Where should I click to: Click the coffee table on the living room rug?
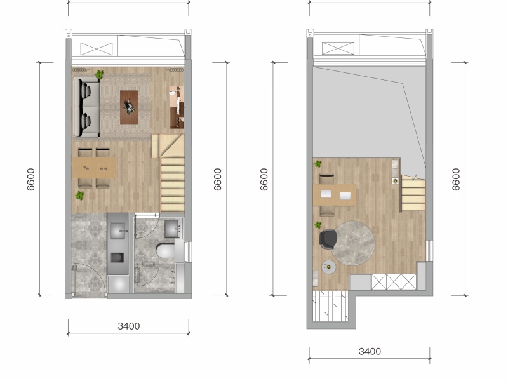[x=129, y=107]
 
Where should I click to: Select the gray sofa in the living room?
[x=86, y=108]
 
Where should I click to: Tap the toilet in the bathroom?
[x=165, y=251]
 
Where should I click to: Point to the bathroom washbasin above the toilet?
[x=172, y=229]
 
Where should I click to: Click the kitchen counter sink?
[x=117, y=231]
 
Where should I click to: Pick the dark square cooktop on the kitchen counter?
[x=117, y=258]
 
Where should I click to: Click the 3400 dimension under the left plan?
[x=129, y=326]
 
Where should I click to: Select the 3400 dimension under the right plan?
[x=370, y=351]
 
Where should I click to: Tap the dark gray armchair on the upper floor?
[x=328, y=239]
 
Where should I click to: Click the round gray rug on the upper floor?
[x=353, y=243]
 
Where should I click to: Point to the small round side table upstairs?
[x=328, y=267]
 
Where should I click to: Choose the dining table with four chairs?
[x=93, y=168]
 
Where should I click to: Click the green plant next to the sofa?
[x=100, y=74]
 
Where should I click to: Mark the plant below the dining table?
[x=80, y=196]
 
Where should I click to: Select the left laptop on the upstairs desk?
[x=326, y=194]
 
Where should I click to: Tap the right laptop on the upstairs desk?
[x=345, y=196]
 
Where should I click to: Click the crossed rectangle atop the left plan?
[x=97, y=49]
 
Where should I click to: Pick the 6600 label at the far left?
[x=30, y=180]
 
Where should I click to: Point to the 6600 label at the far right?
[x=456, y=180]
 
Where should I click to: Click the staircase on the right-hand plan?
[x=413, y=194]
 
